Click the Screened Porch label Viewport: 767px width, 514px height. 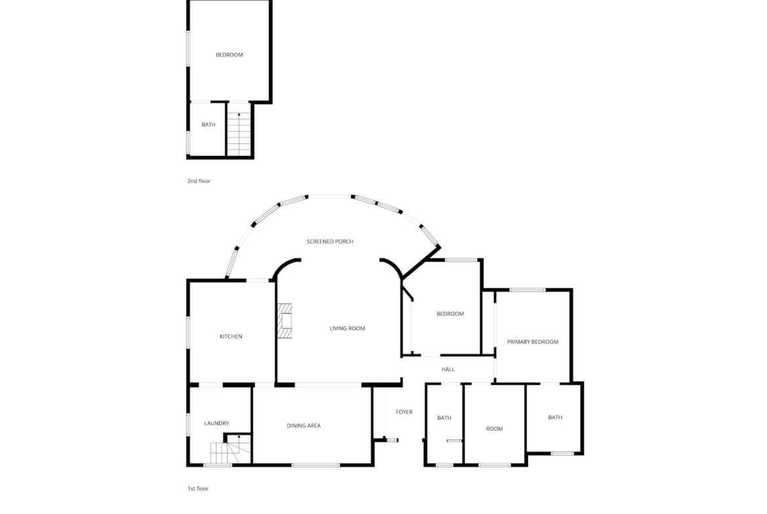coord(330,242)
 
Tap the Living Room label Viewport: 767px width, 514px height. coord(347,328)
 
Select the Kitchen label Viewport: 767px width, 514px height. coord(231,336)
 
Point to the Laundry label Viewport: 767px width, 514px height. coord(216,423)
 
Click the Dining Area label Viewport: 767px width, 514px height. coord(304,426)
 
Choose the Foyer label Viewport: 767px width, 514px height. coord(404,412)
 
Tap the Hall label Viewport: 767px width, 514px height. coord(448,369)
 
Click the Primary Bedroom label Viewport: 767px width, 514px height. coord(533,342)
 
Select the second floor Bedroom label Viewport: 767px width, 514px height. coord(229,55)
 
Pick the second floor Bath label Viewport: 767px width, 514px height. coord(208,124)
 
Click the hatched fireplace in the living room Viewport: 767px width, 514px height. coord(285,321)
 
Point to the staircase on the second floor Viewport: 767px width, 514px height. coord(239,134)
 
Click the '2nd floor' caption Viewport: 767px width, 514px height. coord(199,181)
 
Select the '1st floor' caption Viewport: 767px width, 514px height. coord(198,488)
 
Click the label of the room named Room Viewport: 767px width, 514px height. coord(494,428)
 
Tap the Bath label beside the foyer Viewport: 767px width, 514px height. coord(444,418)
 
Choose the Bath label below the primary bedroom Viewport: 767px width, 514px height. coord(555,417)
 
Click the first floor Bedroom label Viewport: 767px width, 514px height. coord(450,314)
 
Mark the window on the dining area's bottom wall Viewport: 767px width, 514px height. coord(315,465)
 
